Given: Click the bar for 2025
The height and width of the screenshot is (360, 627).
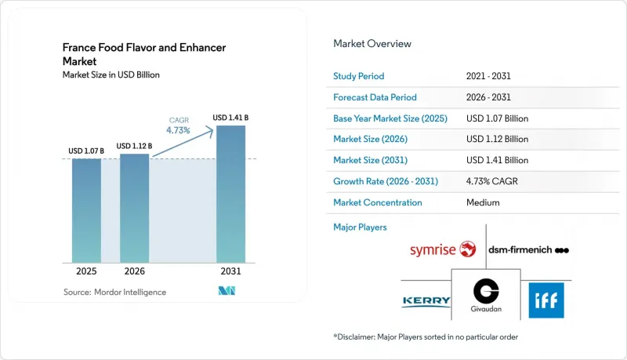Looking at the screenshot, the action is tap(86, 211).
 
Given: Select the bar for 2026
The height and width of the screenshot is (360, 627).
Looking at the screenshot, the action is tap(134, 209).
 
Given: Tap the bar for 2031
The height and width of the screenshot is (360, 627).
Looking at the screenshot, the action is tap(230, 194).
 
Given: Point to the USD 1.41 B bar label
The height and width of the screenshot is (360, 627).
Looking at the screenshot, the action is tap(230, 118).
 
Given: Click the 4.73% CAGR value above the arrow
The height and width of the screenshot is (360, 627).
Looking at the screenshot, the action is tap(178, 130).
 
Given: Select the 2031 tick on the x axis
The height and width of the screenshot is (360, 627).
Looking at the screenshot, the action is tap(230, 271).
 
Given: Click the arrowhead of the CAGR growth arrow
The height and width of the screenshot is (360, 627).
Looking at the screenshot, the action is tap(210, 131).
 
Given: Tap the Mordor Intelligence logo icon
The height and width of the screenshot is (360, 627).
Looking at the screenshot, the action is tap(227, 291).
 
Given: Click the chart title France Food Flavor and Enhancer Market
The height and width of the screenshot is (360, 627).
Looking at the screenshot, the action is tap(144, 54).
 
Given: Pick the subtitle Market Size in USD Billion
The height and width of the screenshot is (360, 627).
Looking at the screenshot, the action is tap(111, 75).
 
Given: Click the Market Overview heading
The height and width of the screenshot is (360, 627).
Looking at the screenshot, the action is tap(371, 44).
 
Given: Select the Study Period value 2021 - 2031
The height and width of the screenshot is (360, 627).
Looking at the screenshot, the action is tap(488, 76).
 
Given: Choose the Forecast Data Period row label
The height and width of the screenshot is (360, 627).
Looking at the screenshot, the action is tap(375, 97).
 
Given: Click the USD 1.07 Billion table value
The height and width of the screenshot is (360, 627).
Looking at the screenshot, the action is tap(497, 118).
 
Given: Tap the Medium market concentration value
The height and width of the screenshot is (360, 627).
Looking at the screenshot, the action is tap(483, 202).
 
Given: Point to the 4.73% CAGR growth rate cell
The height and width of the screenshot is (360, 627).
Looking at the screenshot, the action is tap(492, 181).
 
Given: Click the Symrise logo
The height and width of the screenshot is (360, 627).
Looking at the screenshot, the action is tap(443, 249).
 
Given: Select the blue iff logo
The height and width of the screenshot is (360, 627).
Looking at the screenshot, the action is tap(546, 300).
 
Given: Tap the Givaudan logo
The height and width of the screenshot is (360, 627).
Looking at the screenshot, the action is tap(486, 295).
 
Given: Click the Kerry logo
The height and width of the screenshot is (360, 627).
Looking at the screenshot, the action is tap(426, 301).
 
